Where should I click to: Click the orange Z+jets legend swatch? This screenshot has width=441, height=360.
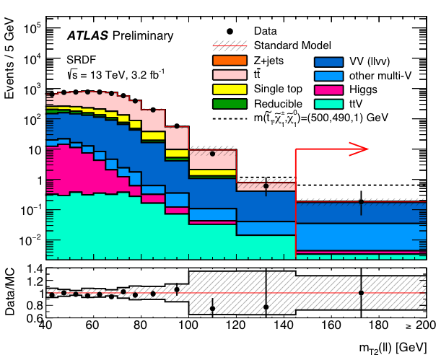(226, 61)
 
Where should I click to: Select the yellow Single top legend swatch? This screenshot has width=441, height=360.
(226, 89)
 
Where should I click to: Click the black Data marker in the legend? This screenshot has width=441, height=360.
(229, 32)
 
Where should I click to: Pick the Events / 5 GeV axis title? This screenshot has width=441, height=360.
(10, 65)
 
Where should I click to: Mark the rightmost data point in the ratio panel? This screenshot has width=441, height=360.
(361, 292)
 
